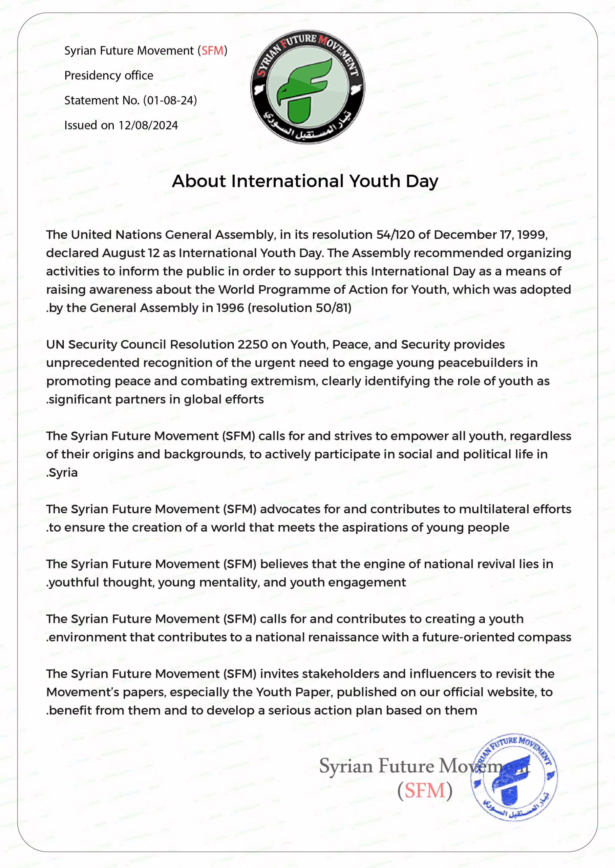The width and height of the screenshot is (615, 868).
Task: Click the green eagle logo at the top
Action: (307, 87)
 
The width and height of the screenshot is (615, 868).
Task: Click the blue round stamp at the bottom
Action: (514, 777)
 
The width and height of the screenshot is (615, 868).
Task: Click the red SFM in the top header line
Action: (212, 51)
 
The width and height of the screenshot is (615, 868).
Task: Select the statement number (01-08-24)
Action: (170, 100)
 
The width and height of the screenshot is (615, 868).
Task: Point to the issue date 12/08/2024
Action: (148, 125)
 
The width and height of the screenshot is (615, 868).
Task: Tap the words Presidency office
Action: (109, 75)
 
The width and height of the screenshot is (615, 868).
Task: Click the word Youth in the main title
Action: (375, 181)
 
